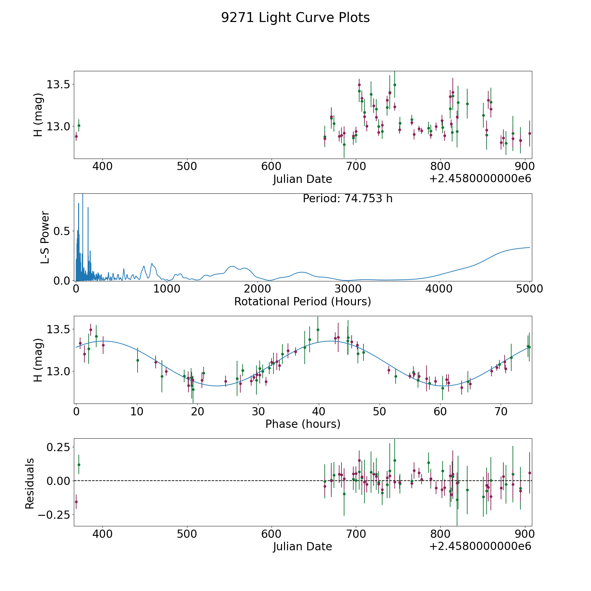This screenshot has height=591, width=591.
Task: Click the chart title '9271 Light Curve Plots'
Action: tap(295, 18)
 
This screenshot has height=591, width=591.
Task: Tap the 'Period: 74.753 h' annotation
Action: tap(348, 199)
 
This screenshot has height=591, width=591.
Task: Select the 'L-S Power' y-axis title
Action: tap(45, 237)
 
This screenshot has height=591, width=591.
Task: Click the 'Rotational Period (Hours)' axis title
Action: tap(303, 301)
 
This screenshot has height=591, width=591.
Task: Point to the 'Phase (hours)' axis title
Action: tap(303, 424)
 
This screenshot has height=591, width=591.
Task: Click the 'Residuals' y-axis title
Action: tap(30, 483)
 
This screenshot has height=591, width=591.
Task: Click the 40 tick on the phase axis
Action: tap(319, 411)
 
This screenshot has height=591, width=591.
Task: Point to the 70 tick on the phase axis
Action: tap(501, 411)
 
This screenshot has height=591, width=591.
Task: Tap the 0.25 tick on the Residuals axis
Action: tap(56, 447)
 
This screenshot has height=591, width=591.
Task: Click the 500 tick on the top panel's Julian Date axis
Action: tap(187, 166)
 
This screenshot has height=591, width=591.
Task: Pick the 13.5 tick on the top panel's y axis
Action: tap(58, 84)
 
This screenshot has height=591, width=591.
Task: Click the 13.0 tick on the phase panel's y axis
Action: tap(58, 371)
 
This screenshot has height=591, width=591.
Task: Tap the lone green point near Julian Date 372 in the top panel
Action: tap(79, 125)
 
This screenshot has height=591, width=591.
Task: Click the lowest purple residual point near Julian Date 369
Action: tap(76, 502)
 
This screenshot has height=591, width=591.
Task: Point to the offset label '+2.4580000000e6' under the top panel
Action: tap(480, 179)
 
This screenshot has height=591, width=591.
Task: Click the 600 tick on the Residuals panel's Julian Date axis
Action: tap(272, 534)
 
